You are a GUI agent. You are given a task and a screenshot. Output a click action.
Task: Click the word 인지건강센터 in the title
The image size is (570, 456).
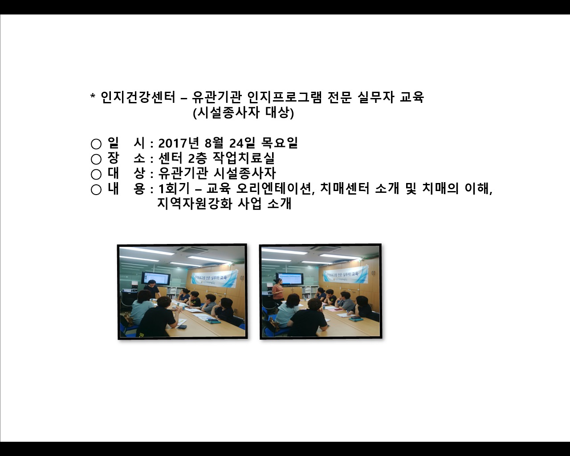coord(138,97)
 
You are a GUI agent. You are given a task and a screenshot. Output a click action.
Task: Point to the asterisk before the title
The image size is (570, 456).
coord(93,97)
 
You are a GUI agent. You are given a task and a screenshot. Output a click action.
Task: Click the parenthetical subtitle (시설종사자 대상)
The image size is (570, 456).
coord(243,113)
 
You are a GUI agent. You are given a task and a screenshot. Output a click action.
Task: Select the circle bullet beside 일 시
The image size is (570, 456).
coord(96,144)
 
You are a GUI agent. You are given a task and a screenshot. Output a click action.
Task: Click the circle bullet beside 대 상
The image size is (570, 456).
coord(96,174)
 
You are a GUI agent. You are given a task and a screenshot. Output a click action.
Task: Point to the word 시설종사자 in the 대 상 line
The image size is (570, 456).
coord(245,173)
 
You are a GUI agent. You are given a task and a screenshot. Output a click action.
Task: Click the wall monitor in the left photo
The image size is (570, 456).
coord(156,278)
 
